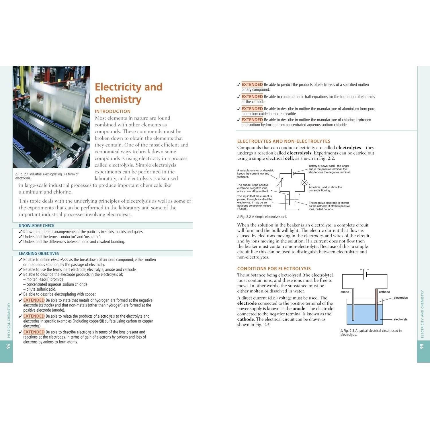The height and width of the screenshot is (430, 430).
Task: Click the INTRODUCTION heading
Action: pyautogui.click(x=113, y=111)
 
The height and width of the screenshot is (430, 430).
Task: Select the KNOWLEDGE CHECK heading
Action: pyautogui.click(x=37, y=226)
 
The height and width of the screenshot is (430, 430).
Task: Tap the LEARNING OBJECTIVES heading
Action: pyautogui.click(x=39, y=253)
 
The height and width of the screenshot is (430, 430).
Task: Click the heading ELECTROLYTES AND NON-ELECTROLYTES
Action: pyautogui.click(x=284, y=141)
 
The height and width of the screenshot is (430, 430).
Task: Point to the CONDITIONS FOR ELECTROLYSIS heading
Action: pyautogui.click(x=274, y=269)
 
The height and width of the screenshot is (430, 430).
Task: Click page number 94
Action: pyautogui.click(x=8, y=346)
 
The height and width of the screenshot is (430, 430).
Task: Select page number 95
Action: pyautogui.click(x=422, y=346)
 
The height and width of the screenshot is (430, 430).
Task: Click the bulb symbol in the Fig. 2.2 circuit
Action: pyautogui.click(x=304, y=183)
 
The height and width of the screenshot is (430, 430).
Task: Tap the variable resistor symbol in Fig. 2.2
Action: pyautogui.click(x=280, y=182)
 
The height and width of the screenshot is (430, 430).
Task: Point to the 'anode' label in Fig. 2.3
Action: pyautogui.click(x=345, y=292)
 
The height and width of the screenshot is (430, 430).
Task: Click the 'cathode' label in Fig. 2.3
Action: pyautogui.click(x=384, y=292)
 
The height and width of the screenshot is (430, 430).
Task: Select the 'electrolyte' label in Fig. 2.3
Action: pyautogui.click(x=400, y=319)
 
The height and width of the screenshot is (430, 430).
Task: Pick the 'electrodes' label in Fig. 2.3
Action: pyautogui.click(x=400, y=298)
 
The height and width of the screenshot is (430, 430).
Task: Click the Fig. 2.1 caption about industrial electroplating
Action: pyautogui.click(x=47, y=176)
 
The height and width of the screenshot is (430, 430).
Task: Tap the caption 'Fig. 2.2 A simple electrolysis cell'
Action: pyautogui.click(x=262, y=217)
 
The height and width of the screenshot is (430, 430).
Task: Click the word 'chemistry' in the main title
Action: pyautogui.click(x=118, y=99)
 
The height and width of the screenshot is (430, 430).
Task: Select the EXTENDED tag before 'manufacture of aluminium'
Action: pyautogui.click(x=252, y=109)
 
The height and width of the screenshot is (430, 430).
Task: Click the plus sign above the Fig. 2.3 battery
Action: pyautogui.click(x=361, y=269)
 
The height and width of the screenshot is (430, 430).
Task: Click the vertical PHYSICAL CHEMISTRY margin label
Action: pyautogui.click(x=9, y=320)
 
